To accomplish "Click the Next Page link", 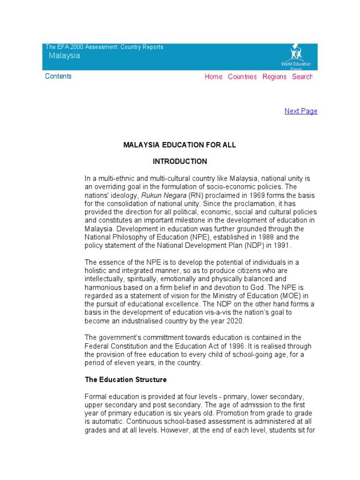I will click(301, 111).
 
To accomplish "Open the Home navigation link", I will click(213, 77).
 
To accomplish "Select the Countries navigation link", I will click(242, 77).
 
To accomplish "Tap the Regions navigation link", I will click(274, 77).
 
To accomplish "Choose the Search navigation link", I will click(302, 77).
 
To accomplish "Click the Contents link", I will click(58, 76).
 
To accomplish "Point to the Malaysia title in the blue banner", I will click(65, 56).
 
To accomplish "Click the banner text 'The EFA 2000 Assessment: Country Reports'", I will click(104, 47).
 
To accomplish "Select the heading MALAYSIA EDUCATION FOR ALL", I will click(180, 145).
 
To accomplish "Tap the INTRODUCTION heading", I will click(180, 161).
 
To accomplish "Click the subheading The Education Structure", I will click(126, 379).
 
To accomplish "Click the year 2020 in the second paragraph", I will click(234, 321).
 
